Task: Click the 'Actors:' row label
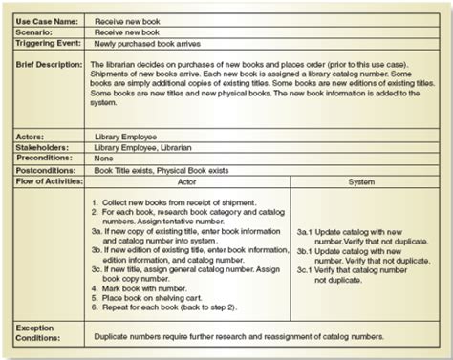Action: pyautogui.click(x=32, y=138)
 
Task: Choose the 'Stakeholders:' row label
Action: pyautogui.click(x=41, y=148)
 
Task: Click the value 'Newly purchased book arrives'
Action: pyautogui.click(x=143, y=44)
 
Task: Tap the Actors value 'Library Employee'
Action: pyautogui.click(x=126, y=138)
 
